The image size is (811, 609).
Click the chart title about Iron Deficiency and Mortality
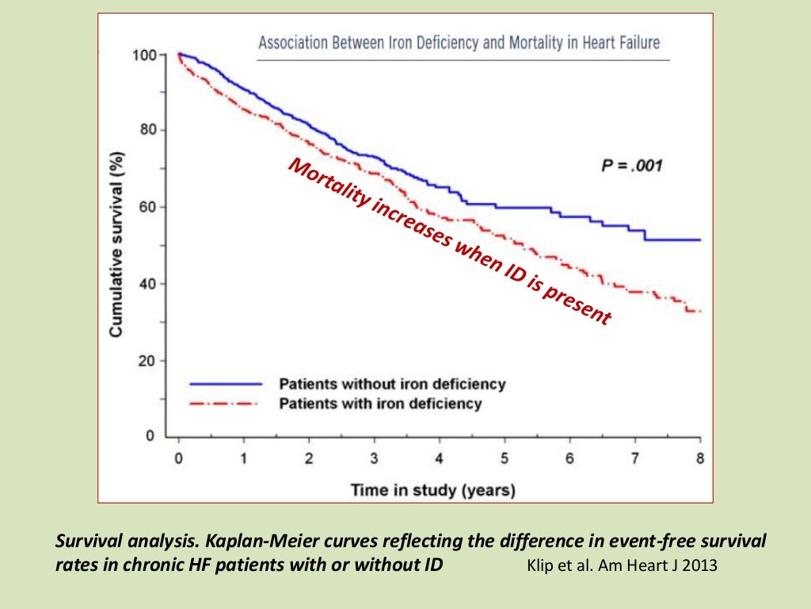click(459, 42)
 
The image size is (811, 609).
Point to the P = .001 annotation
click(630, 167)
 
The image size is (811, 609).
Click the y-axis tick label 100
click(143, 55)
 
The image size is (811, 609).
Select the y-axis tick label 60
click(147, 207)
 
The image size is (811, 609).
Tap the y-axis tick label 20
click(147, 361)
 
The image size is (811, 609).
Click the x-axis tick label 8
click(700, 458)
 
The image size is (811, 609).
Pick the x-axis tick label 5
click(504, 458)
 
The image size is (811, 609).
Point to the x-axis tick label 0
click(179, 458)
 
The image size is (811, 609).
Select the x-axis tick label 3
click(375, 458)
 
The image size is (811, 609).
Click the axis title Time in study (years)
click(432, 490)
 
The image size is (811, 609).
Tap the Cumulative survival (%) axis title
click(116, 245)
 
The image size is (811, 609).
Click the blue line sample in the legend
click(226, 384)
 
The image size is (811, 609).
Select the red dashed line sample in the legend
click(226, 404)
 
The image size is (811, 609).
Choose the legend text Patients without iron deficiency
click(391, 384)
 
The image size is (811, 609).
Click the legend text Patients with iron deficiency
click(379, 404)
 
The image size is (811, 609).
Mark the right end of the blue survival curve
click(700, 239)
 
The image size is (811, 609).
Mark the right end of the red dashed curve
click(700, 312)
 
